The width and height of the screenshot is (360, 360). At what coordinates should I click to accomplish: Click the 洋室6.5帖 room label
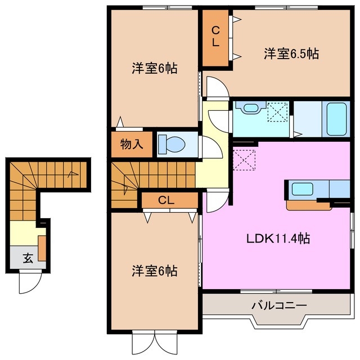coord(292,54)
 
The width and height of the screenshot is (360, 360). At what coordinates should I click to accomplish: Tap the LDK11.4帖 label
coord(277,238)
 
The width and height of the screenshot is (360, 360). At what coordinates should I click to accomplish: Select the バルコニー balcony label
coord(278,305)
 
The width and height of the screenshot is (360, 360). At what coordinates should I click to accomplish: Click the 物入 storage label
coord(132,143)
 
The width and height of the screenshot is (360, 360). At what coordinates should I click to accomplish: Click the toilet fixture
coord(172,143)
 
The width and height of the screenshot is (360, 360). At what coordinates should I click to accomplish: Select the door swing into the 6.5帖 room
coord(217,87)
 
